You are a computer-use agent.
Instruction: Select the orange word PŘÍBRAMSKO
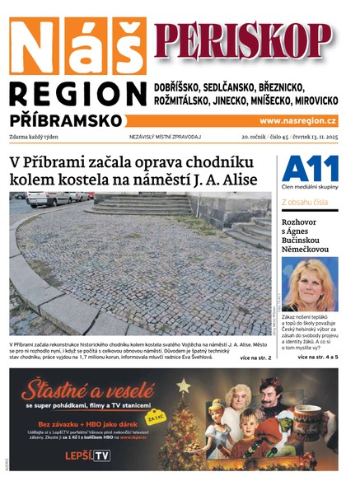(x=66, y=120)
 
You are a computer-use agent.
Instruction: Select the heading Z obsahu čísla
(x=305, y=201)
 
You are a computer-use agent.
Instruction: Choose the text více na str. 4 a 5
(x=317, y=357)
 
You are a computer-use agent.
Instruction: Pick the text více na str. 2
(x=255, y=358)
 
